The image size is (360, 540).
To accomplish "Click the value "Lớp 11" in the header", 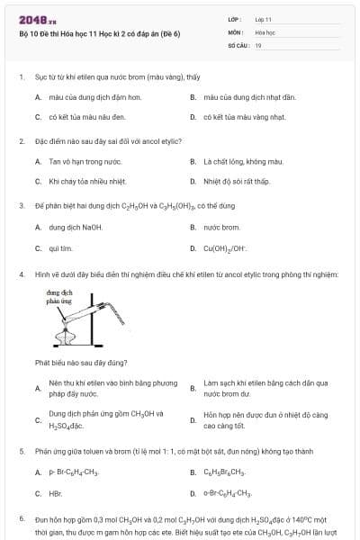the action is pos(263,19).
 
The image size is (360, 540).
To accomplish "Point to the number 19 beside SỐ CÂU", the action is pos(258,44).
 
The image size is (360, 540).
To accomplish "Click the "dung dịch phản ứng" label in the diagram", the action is pos(58,297).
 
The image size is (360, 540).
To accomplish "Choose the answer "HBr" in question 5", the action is pos(55,493).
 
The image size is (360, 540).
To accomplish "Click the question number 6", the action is pos(21,519).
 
